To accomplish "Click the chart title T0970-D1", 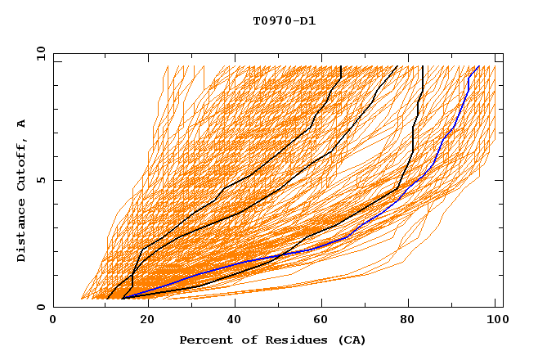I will tap(284, 21).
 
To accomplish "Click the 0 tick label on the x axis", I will tap(53, 321).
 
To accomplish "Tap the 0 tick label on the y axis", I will tap(41, 307).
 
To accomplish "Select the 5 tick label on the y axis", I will tap(41, 180).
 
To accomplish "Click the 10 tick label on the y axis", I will tap(38, 53).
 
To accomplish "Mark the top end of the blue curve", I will tap(479, 66).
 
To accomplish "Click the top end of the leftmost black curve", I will tap(340, 66).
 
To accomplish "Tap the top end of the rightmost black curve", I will tap(422, 66).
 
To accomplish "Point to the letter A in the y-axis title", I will tap(22, 123).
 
